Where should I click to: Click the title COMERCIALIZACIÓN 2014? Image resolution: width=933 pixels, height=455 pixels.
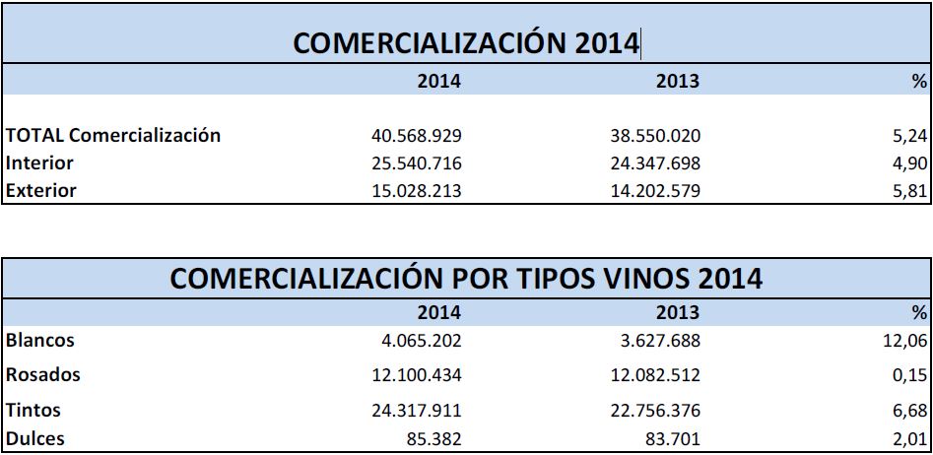[467, 43]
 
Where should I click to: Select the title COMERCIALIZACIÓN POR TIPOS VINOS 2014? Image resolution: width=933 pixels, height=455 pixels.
[466, 279]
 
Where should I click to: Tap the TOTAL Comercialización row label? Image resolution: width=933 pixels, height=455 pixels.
[113, 135]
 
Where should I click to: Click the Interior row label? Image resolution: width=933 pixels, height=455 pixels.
[39, 162]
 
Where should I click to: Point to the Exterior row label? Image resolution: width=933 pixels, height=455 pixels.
[41, 190]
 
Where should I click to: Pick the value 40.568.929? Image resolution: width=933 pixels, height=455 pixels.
[412, 136]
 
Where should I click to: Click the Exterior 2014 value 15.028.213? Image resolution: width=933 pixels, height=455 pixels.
[412, 191]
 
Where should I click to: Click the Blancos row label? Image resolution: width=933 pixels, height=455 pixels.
[40, 341]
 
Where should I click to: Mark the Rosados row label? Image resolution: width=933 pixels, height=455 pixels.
[43, 375]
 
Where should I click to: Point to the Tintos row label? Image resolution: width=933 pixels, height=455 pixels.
[34, 410]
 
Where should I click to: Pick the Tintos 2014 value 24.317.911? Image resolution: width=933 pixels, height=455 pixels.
[412, 411]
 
